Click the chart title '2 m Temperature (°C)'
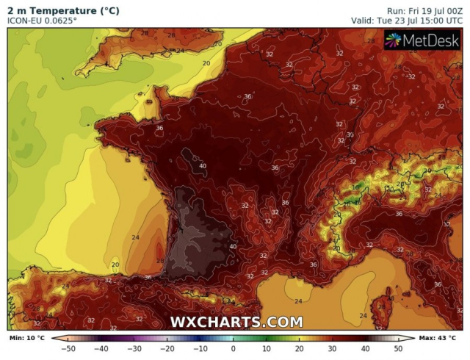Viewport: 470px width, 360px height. [x=63, y=11]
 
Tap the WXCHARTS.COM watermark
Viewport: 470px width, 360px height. [x=236, y=322]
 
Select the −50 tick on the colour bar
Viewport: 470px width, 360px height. [x=70, y=348]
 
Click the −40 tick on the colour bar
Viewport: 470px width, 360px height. [x=102, y=348]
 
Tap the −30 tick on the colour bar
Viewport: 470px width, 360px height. [x=135, y=348]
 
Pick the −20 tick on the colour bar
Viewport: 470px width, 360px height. [x=167, y=348]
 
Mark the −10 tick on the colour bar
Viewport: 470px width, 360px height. [x=200, y=348]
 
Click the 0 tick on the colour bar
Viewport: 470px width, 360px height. [x=234, y=348]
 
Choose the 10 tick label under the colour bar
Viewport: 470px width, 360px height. [x=266, y=348]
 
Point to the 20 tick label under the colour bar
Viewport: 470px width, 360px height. [x=299, y=348]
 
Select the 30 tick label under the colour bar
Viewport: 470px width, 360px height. [x=332, y=348]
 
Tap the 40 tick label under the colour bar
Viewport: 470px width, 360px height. [x=365, y=348]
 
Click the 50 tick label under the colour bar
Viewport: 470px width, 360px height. [x=397, y=348]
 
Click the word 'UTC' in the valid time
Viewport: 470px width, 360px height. [x=452, y=21]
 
